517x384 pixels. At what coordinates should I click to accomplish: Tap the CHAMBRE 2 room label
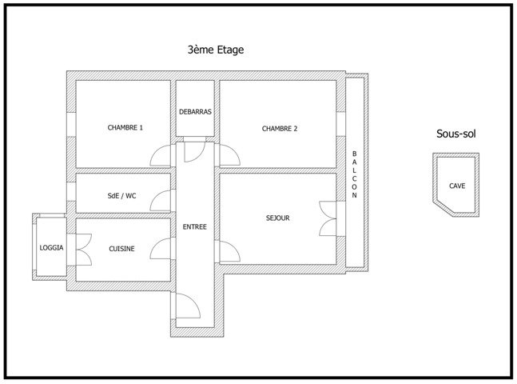tap(279, 128)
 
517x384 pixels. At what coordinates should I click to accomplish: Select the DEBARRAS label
tap(195, 112)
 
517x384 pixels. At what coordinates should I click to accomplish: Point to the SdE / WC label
tap(122, 194)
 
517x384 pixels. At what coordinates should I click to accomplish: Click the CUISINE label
tap(122, 249)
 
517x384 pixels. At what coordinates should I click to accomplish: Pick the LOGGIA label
tap(52, 248)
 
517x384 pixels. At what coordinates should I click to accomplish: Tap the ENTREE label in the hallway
tap(195, 227)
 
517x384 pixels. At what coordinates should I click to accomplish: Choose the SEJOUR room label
tap(278, 218)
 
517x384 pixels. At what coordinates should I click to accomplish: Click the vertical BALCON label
tap(355, 174)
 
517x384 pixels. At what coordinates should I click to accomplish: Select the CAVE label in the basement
tap(457, 186)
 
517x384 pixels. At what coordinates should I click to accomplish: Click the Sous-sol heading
tap(456, 134)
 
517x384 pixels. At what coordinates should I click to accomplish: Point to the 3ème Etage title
tap(215, 50)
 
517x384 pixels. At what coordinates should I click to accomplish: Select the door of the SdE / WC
tap(163, 200)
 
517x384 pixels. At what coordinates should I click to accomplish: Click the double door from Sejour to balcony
tap(327, 217)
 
